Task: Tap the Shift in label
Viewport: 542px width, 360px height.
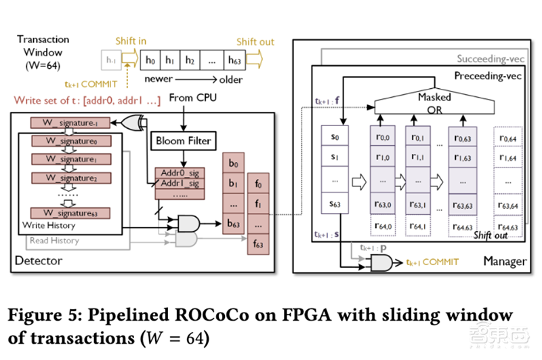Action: point(131,42)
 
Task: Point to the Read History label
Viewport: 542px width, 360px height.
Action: point(54,241)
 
